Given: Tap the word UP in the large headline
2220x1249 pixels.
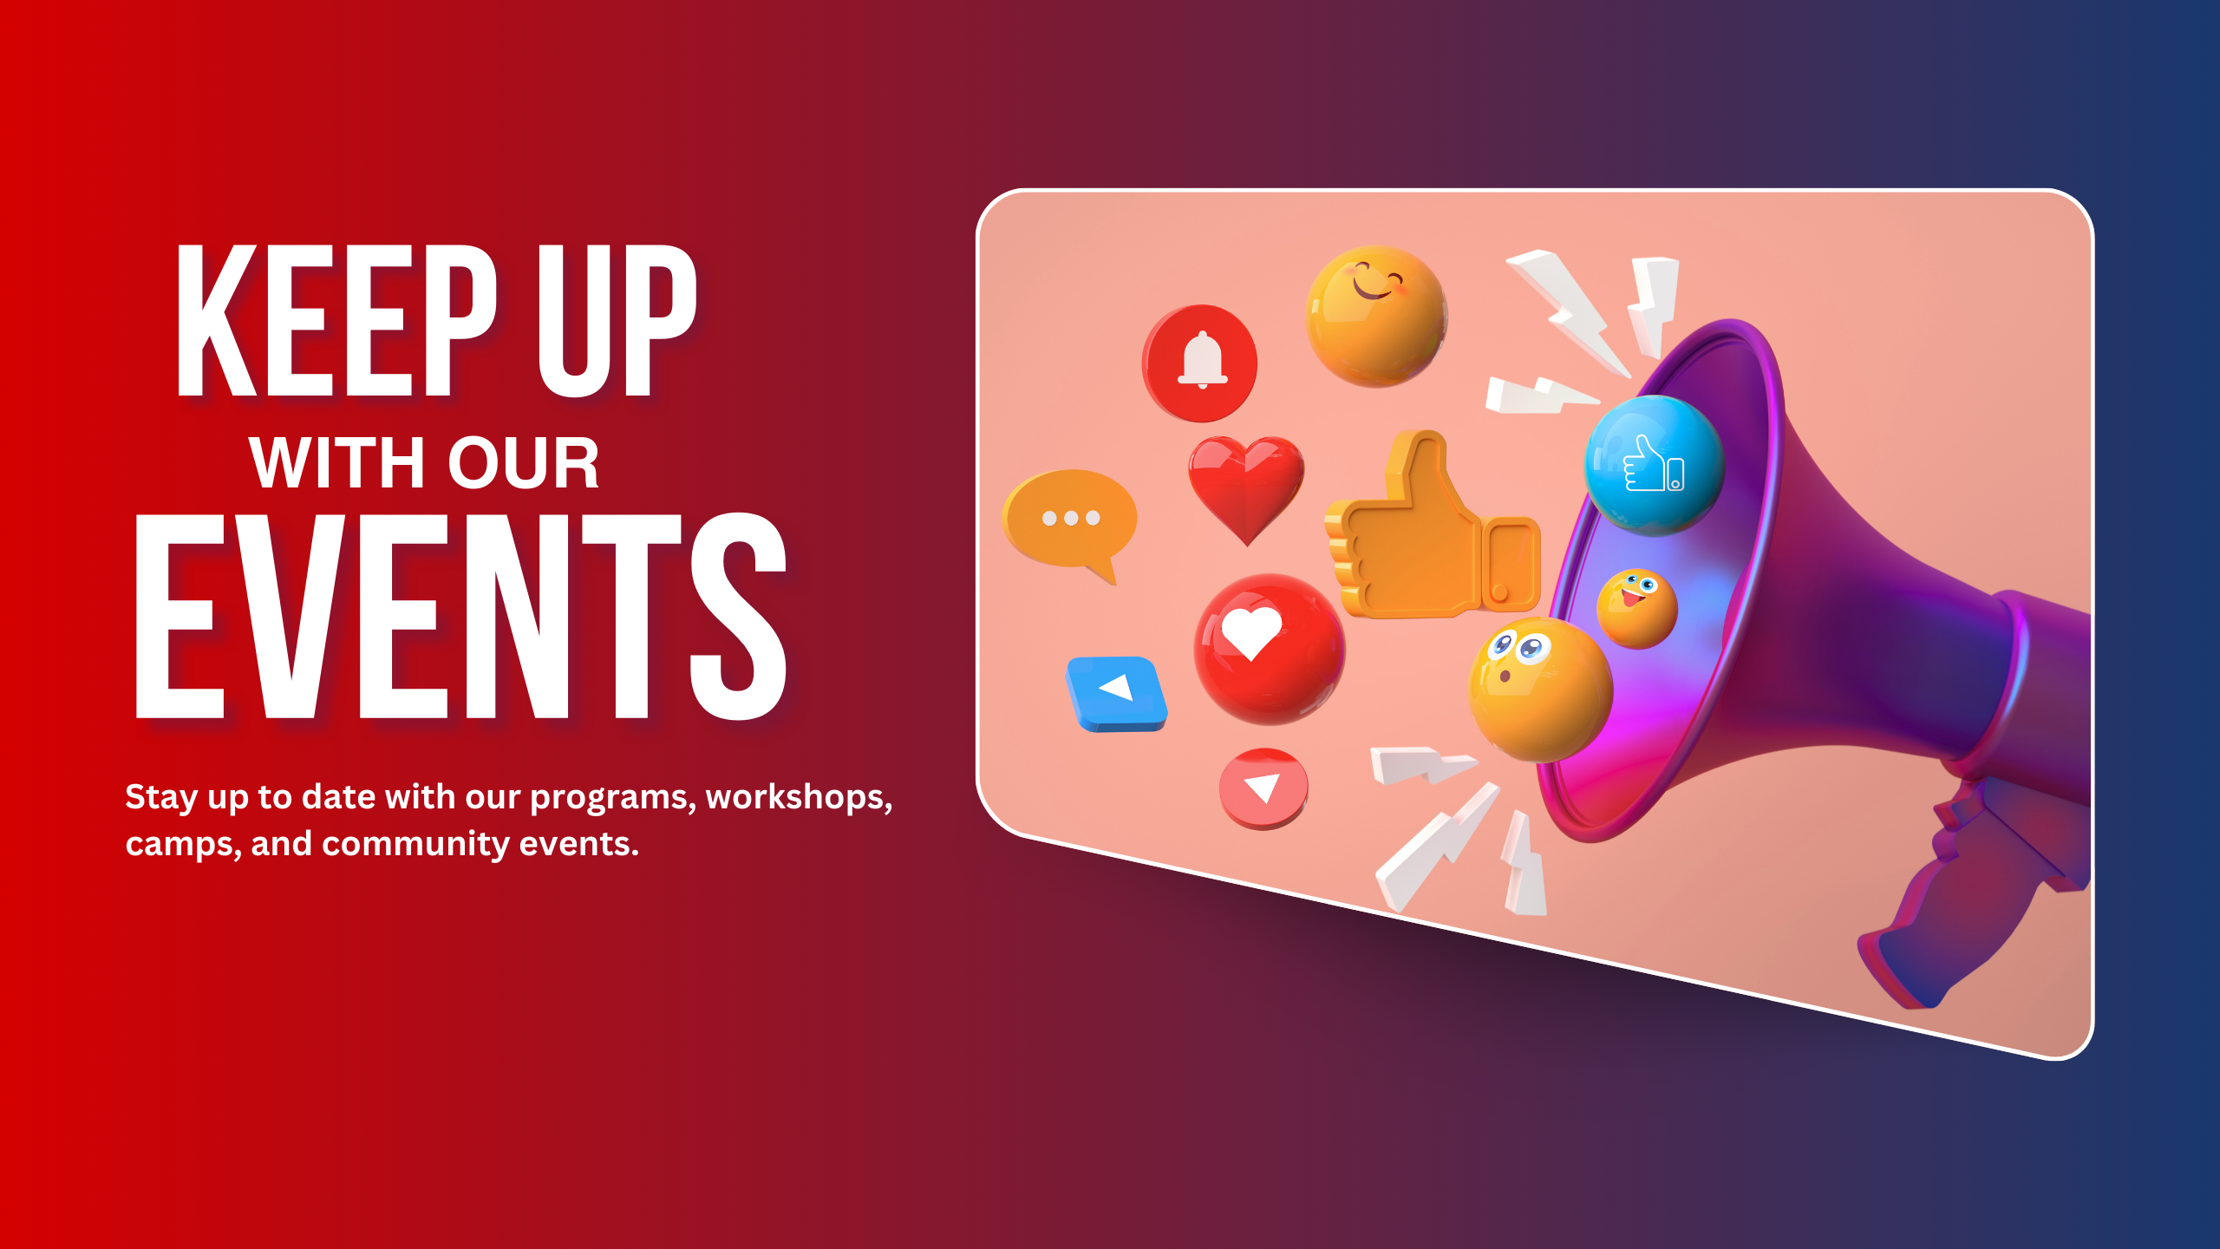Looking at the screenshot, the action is [617, 320].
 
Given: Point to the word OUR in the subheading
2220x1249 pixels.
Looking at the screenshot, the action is [523, 463].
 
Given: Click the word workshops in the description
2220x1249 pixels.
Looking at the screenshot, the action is [799, 798].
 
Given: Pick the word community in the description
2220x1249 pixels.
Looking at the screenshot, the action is [416, 845].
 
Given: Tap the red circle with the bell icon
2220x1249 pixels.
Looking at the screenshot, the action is [1199, 363].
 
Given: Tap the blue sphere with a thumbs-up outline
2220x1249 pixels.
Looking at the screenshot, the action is [1655, 466].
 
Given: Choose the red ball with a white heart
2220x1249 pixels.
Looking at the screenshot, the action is [1270, 650].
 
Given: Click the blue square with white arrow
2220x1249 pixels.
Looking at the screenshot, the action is [1117, 694].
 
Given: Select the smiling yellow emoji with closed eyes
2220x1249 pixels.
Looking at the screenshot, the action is [1376, 316].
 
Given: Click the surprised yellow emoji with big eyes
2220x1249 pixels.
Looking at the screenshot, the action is [1540, 690].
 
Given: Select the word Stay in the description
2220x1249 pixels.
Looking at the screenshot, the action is [162, 798].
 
